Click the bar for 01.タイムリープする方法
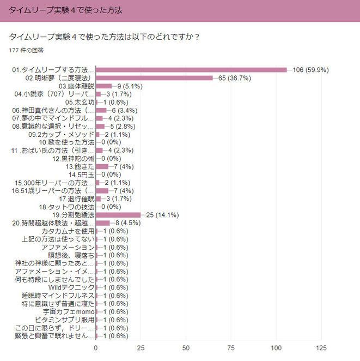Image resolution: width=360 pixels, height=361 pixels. tap(191, 70)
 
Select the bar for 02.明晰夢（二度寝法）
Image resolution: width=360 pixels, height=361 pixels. tap(154, 78)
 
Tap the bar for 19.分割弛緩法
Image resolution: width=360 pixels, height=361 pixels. tap(118, 215)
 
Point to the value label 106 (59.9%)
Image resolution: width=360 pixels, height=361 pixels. tap(310, 70)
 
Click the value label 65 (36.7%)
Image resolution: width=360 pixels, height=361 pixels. tap(234, 78)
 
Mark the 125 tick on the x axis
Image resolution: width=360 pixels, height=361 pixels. tap(321, 347)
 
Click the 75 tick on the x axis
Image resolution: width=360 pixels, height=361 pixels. tap(231, 347)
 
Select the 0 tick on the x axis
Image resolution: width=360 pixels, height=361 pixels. tap(96, 347)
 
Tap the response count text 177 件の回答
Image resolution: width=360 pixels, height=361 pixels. tap(27, 50)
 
